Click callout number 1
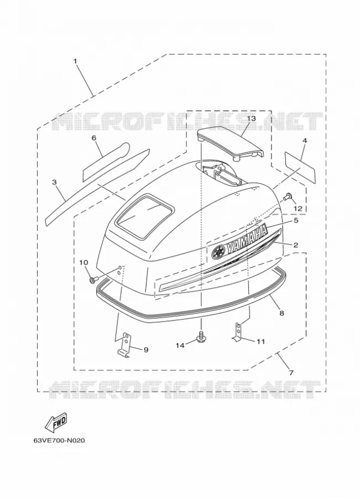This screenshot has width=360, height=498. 76,60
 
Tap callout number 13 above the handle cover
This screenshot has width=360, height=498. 251,118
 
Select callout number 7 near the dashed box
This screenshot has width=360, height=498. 291,372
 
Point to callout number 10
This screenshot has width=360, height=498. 83,262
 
